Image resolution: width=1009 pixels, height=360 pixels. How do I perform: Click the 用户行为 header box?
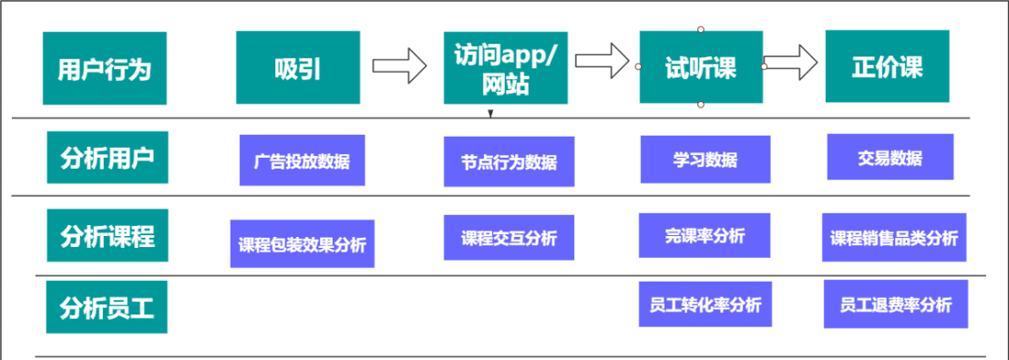(x=105, y=68)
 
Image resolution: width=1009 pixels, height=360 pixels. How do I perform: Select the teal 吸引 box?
(x=297, y=68)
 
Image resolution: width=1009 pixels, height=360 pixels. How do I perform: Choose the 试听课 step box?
(x=700, y=67)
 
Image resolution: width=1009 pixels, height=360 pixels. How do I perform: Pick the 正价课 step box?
(x=887, y=67)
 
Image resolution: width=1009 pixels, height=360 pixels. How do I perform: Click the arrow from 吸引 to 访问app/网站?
(x=399, y=66)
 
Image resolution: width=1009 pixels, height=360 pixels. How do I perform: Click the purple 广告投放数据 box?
(x=302, y=160)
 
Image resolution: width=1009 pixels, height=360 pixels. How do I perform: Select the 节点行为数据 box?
(x=509, y=161)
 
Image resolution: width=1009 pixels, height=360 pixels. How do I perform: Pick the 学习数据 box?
(x=705, y=159)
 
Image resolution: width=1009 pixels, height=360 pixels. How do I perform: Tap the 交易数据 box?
(x=890, y=158)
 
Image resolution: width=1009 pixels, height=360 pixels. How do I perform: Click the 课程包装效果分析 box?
(x=302, y=243)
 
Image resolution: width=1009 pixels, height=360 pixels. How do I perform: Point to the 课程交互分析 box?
(x=509, y=239)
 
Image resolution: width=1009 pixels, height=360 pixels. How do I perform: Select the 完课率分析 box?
(x=705, y=236)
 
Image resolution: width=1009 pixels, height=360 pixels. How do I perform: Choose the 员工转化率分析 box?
(x=705, y=304)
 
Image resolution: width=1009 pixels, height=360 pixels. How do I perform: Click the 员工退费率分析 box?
(x=895, y=304)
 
